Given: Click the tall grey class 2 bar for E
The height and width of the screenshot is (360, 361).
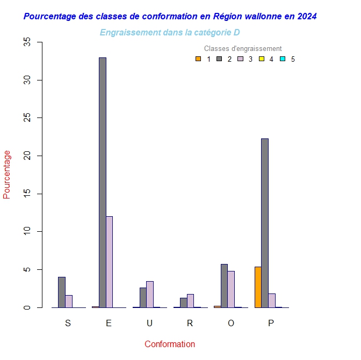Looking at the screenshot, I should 102,182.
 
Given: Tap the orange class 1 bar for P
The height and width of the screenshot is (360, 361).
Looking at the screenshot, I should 258,287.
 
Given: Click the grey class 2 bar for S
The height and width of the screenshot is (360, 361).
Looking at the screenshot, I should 62,292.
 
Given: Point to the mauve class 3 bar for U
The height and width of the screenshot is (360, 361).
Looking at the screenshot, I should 150,295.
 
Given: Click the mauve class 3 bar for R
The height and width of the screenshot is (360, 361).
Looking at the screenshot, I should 190,301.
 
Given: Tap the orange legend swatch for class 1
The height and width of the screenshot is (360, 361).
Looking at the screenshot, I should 198,59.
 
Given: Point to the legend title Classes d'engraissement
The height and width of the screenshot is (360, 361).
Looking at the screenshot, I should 243,49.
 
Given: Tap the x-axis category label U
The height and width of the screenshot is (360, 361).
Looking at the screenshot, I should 149,323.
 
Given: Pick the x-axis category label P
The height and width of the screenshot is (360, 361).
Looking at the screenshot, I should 271,323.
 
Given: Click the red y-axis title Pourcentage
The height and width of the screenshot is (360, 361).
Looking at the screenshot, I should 7,174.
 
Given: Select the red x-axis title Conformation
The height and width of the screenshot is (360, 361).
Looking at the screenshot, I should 170,344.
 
